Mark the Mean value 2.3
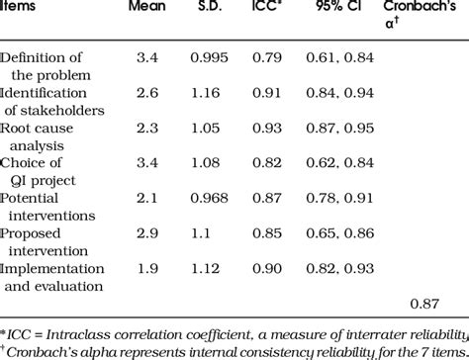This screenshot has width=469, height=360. tap(146, 129)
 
